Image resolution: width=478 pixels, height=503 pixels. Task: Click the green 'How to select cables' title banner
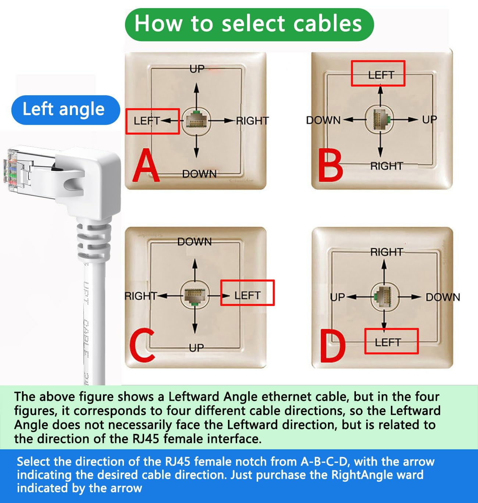click(249, 24)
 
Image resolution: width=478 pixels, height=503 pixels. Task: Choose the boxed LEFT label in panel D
click(391, 342)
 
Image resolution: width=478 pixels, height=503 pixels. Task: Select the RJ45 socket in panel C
click(195, 295)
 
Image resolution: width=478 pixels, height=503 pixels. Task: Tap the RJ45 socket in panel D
click(384, 296)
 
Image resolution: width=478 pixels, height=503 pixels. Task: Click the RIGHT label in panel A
click(252, 121)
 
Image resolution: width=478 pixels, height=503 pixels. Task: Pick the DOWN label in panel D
click(443, 297)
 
